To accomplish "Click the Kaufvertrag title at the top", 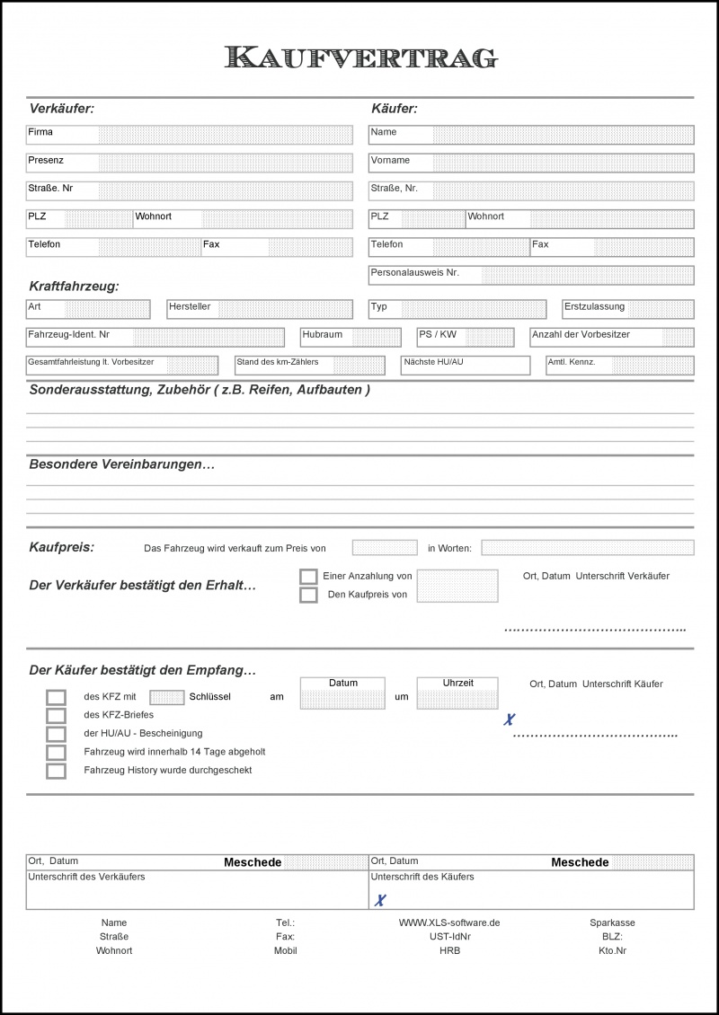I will [360, 57].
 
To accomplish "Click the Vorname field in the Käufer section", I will [563, 163].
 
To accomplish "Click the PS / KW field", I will [489, 338].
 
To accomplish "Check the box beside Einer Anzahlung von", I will [308, 577].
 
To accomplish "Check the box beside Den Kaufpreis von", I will [308, 595].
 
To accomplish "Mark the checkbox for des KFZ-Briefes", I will [57, 716].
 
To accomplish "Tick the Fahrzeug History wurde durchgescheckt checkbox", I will [57, 771].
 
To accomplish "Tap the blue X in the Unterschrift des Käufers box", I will [380, 900].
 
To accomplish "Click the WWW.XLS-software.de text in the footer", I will [449, 922].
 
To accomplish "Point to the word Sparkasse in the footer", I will [612, 922].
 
